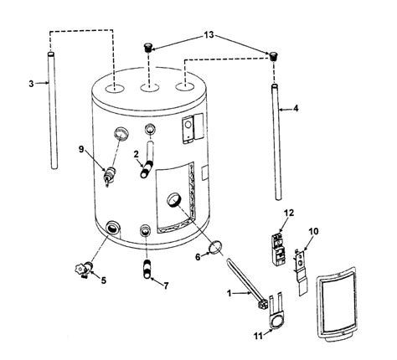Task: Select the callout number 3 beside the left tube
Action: pyautogui.click(x=31, y=84)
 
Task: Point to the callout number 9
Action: pyautogui.click(x=81, y=150)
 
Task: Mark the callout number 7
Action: pyautogui.click(x=165, y=285)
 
